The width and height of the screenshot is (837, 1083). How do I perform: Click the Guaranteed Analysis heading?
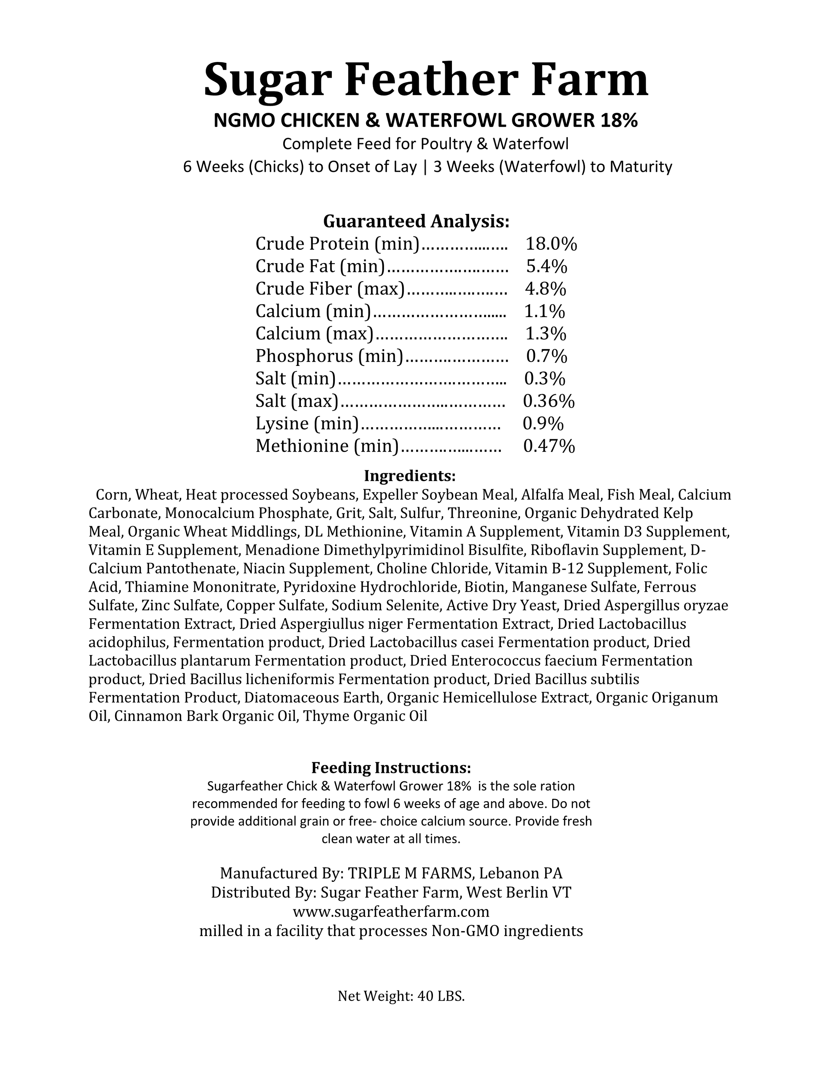pyautogui.click(x=416, y=221)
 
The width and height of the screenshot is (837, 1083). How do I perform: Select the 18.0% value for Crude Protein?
pyautogui.click(x=551, y=244)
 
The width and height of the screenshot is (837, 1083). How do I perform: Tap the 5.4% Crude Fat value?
pyautogui.click(x=546, y=267)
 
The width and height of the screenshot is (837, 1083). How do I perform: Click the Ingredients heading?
pyautogui.click(x=409, y=476)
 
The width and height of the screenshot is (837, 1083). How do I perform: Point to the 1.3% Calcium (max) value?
pyautogui.click(x=545, y=334)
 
